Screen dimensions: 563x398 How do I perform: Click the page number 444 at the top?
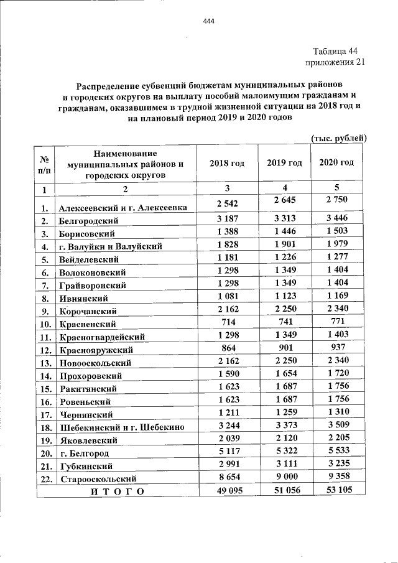[x=208, y=22]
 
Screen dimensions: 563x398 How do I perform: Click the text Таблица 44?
[x=335, y=51]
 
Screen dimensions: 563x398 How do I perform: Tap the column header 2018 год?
[x=227, y=162]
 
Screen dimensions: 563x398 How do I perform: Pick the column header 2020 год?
[x=336, y=162]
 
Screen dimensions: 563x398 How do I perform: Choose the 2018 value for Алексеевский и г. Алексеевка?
[x=227, y=203]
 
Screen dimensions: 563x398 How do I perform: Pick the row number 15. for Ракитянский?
[x=45, y=389]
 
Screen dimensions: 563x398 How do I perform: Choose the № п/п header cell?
[x=45, y=164]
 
